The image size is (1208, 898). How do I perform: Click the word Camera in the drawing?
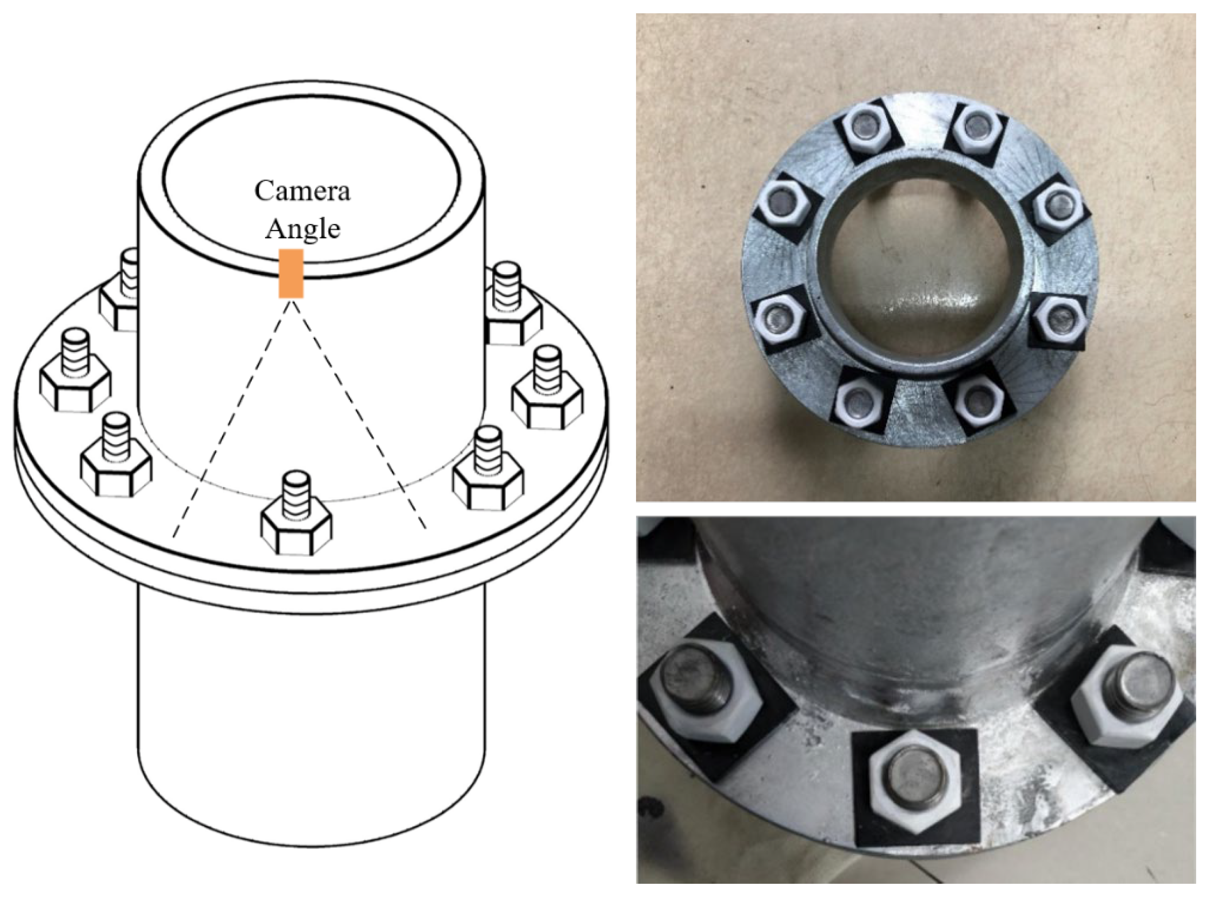(x=302, y=191)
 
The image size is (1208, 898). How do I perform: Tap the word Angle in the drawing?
(x=302, y=229)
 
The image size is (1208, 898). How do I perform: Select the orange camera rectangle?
(x=291, y=273)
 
